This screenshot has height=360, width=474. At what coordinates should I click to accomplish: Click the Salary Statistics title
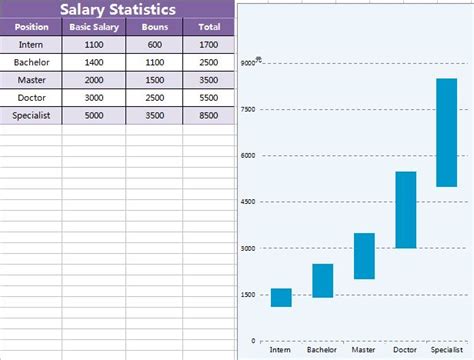118,10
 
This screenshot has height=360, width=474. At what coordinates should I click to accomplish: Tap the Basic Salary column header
93,27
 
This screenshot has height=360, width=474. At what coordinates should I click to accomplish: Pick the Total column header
209,27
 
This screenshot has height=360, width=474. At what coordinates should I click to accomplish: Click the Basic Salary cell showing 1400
93,62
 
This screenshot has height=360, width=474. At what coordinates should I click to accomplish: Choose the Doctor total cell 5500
209,98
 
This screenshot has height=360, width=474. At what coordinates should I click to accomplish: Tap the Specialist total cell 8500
209,115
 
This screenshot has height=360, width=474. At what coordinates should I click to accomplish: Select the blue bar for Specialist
446,132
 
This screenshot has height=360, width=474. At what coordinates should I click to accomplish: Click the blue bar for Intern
281,297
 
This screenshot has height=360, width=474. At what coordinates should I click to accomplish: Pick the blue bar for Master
364,256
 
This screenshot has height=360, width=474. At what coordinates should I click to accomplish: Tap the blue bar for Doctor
405,210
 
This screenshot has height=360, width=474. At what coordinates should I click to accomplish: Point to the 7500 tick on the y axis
248,109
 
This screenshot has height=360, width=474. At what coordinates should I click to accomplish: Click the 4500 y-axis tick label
248,202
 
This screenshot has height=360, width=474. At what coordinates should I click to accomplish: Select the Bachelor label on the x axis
322,350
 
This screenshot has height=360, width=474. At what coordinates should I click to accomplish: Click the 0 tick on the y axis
253,341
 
